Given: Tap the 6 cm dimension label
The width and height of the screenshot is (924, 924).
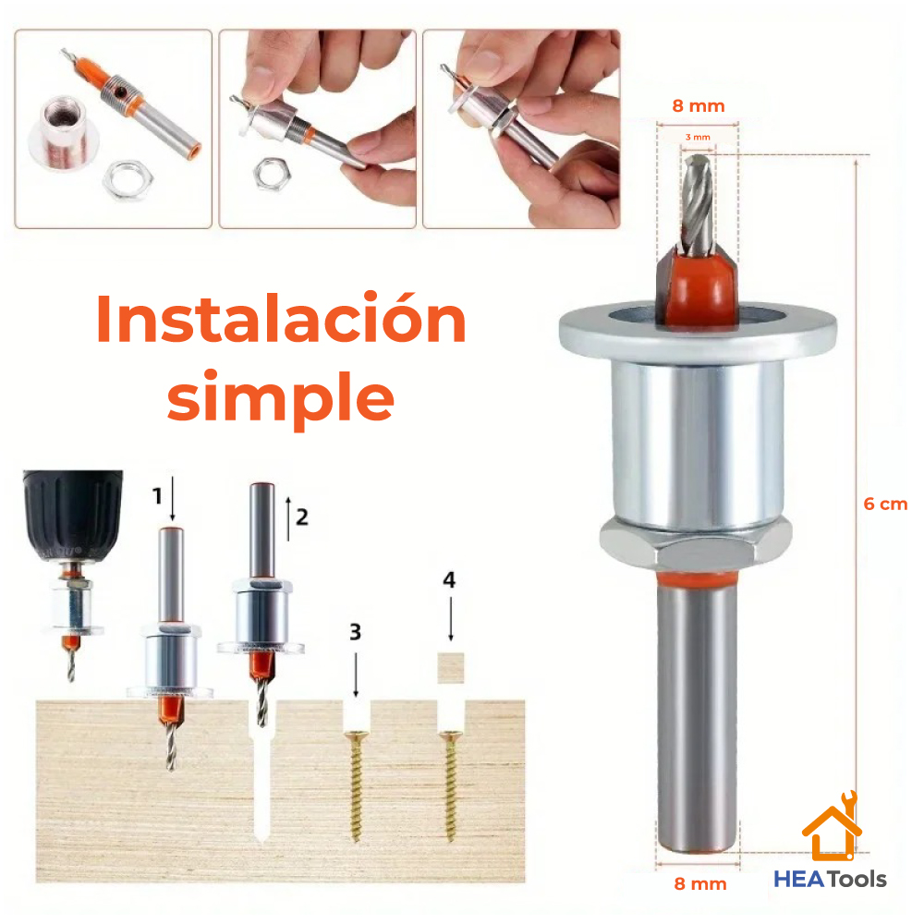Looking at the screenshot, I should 885,504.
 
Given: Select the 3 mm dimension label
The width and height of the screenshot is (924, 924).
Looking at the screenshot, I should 698,137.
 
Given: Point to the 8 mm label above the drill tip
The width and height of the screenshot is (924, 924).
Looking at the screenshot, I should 698,105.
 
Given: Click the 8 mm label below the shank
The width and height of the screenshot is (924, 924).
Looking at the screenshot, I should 699,883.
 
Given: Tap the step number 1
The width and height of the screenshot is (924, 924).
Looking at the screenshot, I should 157,496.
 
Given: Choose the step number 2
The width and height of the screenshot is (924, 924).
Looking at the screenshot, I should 300,516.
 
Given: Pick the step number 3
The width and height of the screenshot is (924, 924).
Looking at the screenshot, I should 355,633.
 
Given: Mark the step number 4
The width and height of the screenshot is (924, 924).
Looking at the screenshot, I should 449,580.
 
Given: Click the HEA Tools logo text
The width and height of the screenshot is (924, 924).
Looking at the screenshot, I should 830,879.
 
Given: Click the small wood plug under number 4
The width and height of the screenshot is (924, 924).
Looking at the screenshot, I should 450,665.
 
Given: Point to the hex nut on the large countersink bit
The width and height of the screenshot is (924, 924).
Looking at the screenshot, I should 697,546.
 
